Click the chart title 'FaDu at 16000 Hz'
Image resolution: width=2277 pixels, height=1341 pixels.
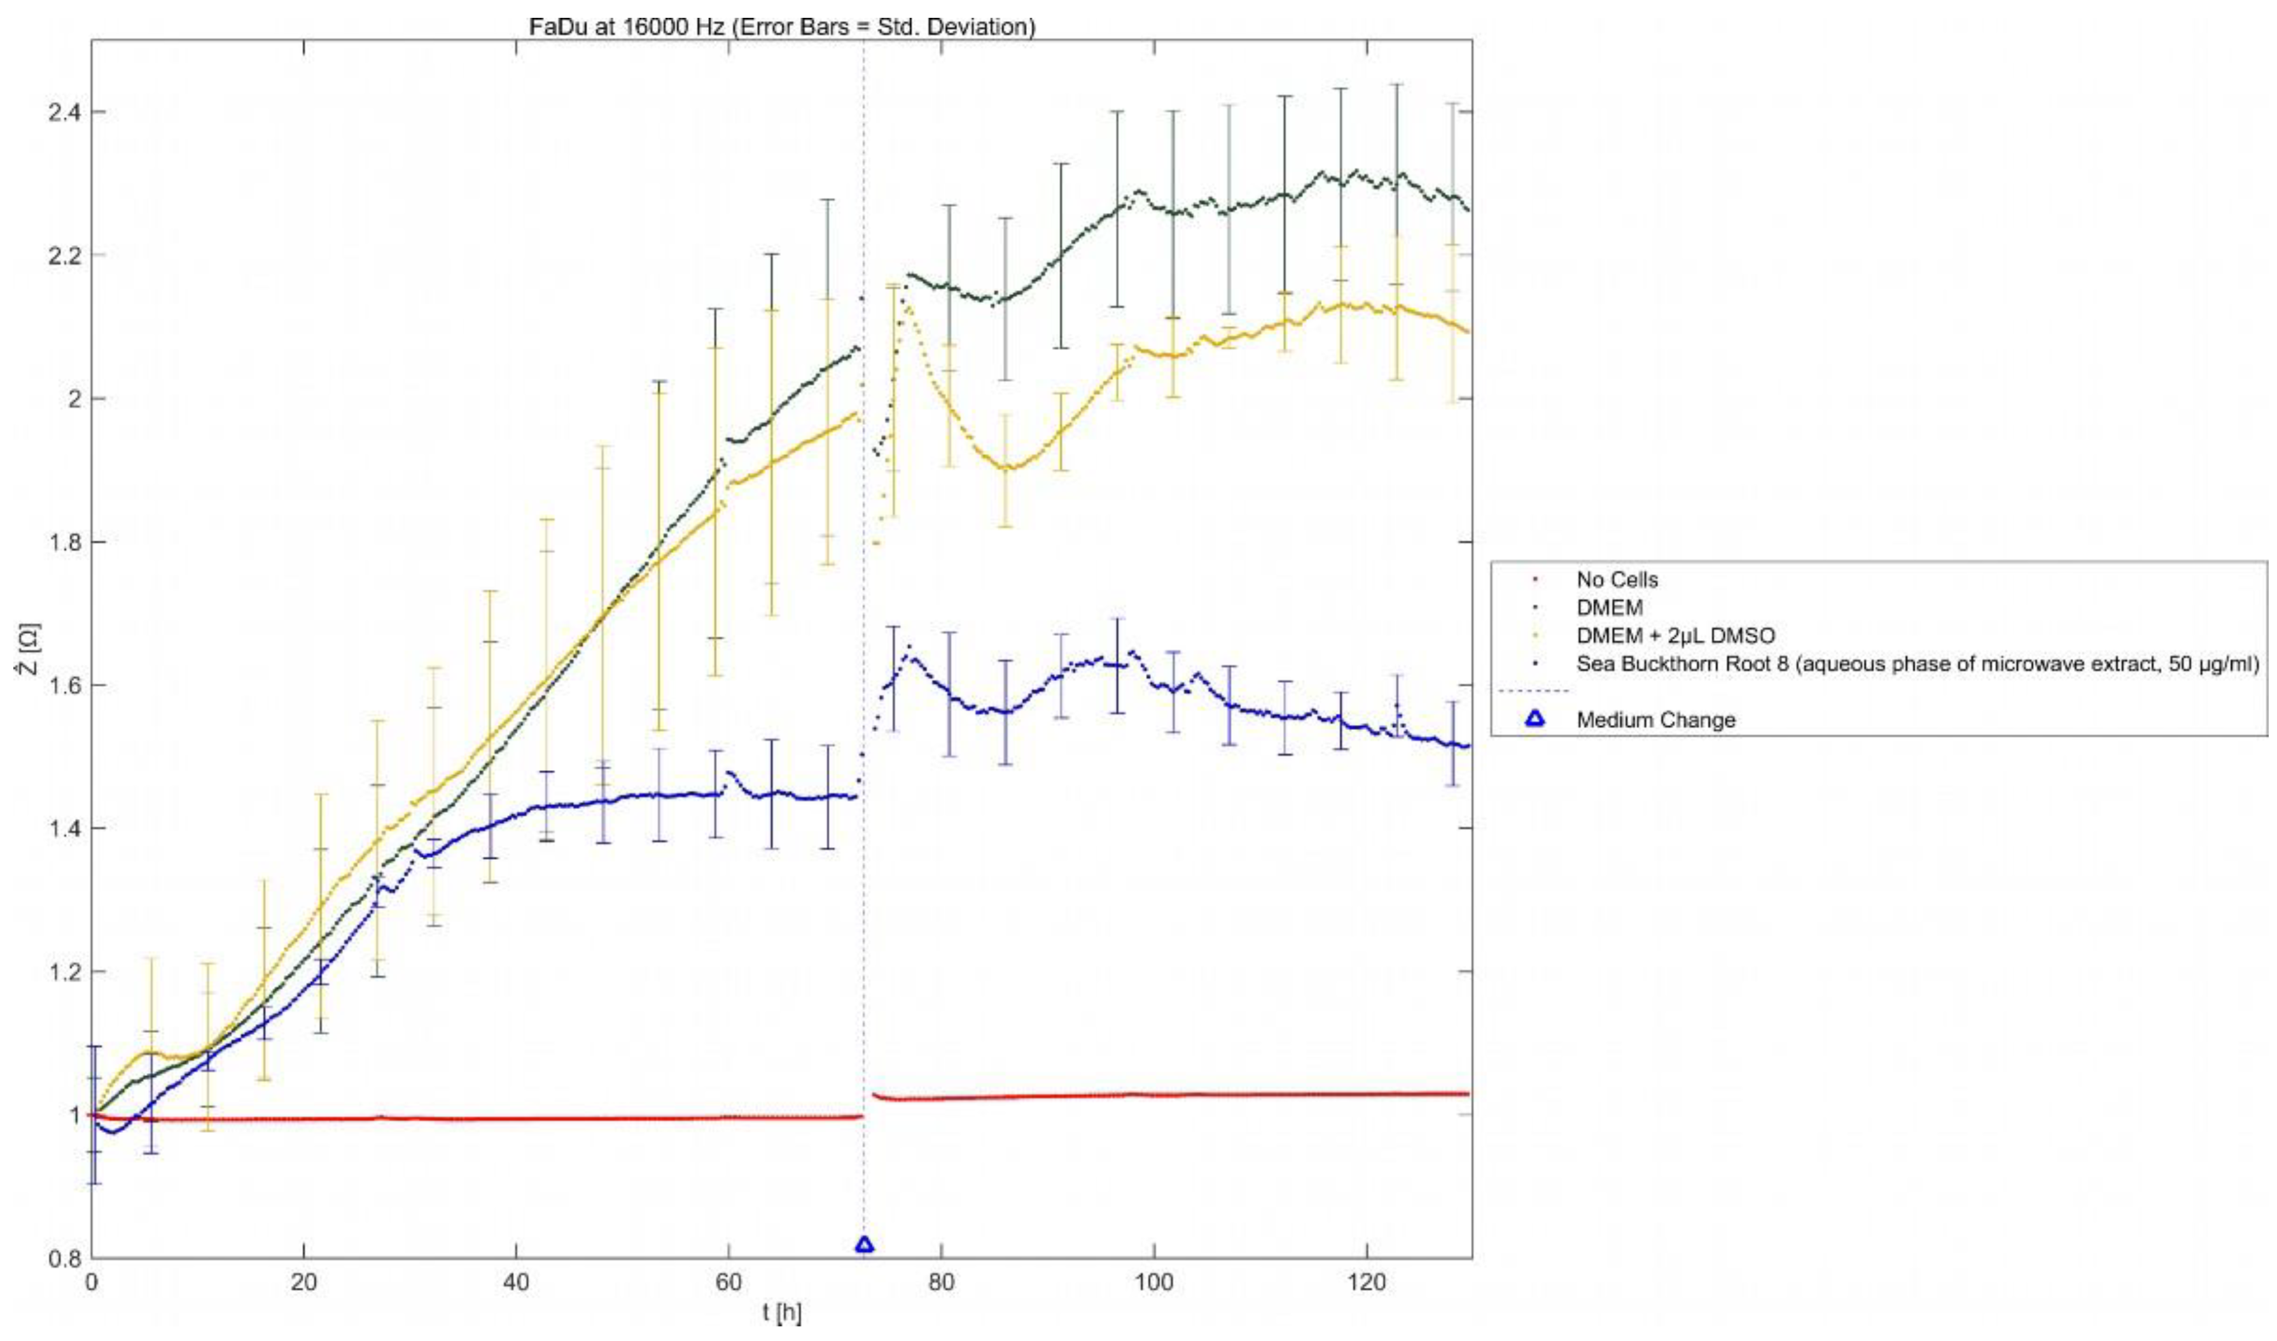pyautogui.click(x=782, y=26)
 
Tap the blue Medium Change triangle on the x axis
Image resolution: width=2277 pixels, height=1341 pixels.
pyautogui.click(x=864, y=1244)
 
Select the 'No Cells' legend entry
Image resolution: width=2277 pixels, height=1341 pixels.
pyautogui.click(x=1617, y=579)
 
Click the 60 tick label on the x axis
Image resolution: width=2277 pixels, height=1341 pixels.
pyautogui.click(x=728, y=1283)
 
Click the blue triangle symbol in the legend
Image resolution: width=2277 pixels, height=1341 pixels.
pyautogui.click(x=1535, y=719)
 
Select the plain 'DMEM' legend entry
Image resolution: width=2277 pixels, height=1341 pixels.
pyautogui.click(x=1609, y=607)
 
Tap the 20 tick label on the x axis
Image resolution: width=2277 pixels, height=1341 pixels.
pyautogui.click(x=303, y=1283)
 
